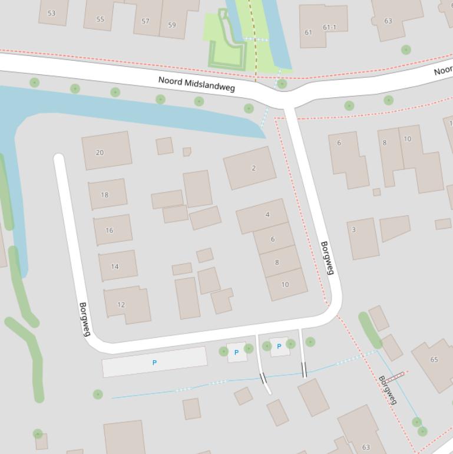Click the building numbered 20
click(100, 153)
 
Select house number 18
click(105, 195)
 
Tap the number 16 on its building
click(110, 231)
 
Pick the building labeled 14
click(115, 267)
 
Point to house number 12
click(121, 305)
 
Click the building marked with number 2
click(254, 168)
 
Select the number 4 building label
click(267, 215)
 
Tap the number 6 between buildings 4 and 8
click(273, 239)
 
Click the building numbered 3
click(353, 230)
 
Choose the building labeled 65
click(434, 360)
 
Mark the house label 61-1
click(329, 27)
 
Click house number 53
click(51, 13)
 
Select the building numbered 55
click(100, 19)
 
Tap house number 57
click(146, 21)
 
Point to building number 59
click(172, 25)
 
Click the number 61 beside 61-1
click(308, 32)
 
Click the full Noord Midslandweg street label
click(197, 84)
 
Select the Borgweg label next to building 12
click(85, 319)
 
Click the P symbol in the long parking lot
click(155, 363)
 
